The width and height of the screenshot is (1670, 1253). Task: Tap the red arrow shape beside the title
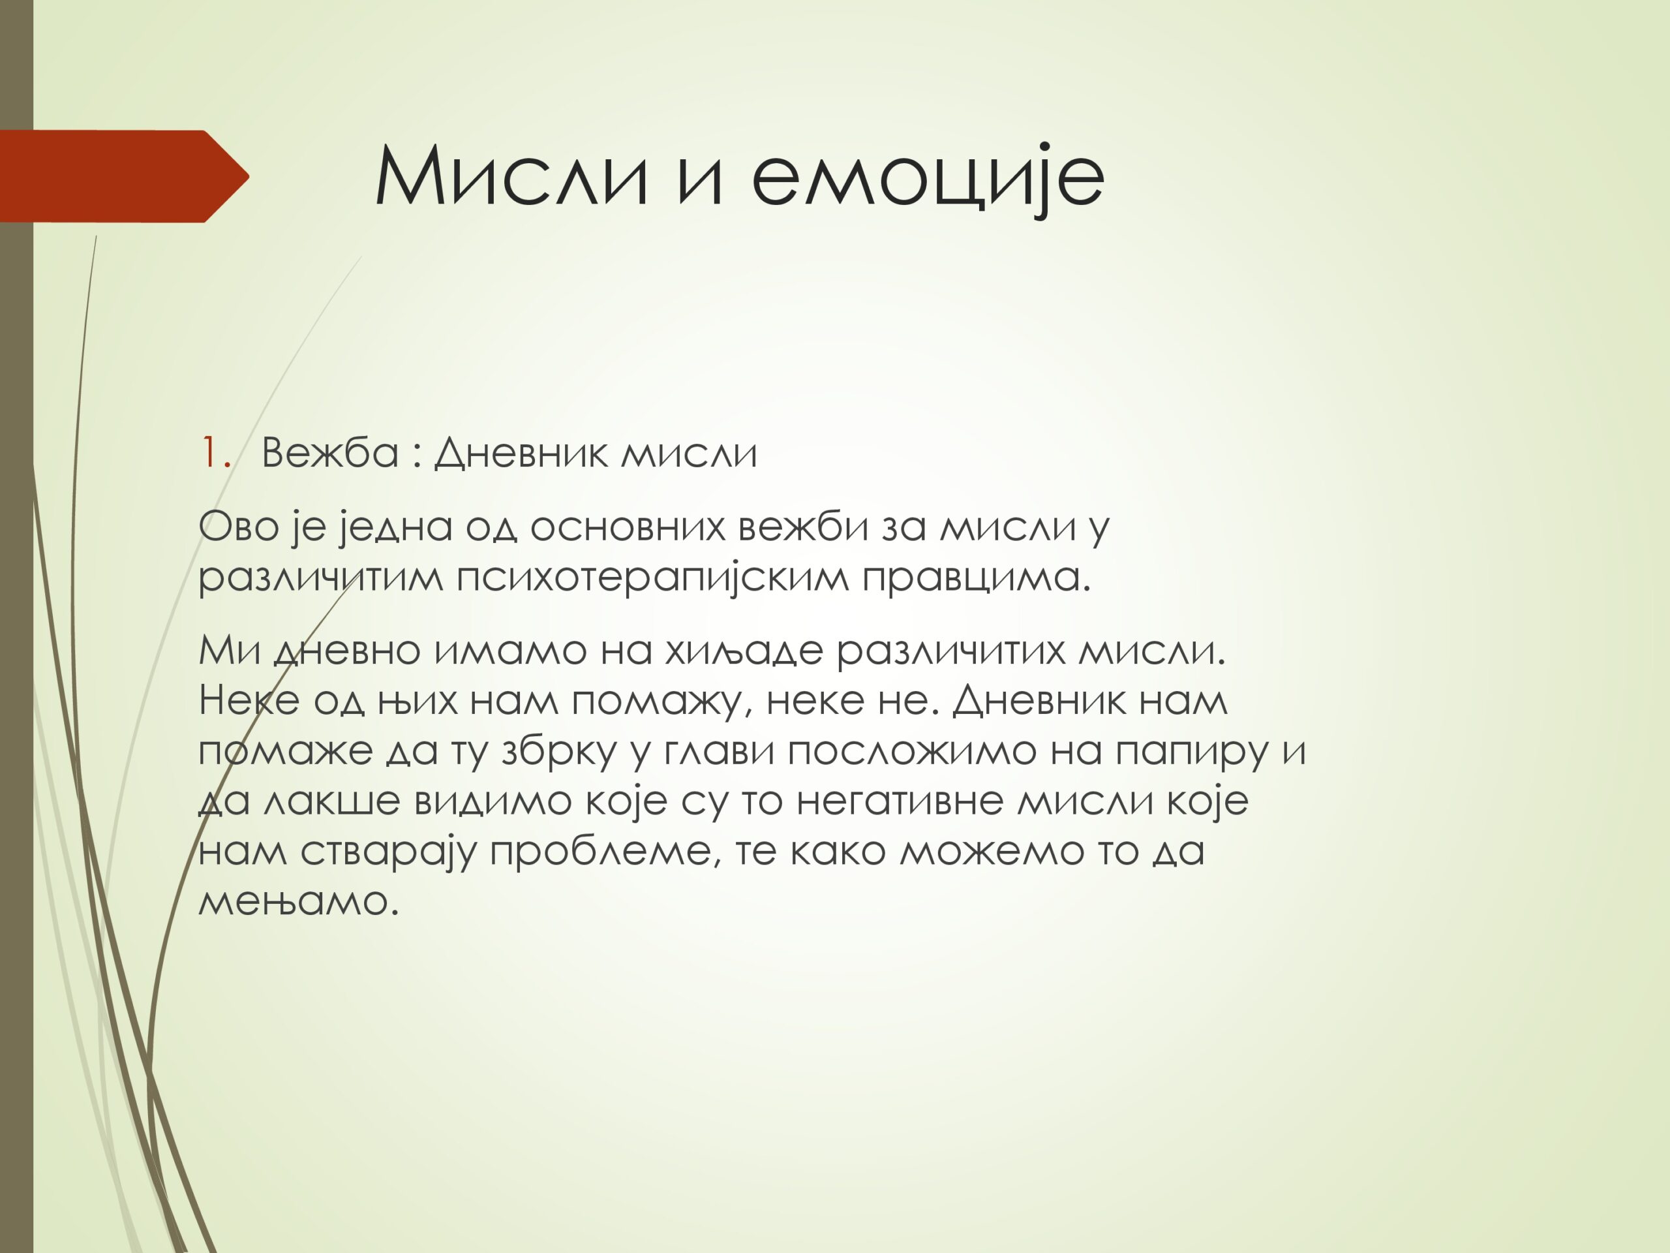click(x=125, y=176)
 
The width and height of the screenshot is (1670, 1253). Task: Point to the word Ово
click(x=239, y=527)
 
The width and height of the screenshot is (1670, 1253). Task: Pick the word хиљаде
click(x=744, y=650)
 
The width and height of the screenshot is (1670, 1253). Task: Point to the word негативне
click(x=899, y=801)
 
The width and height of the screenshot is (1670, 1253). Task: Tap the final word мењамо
click(x=298, y=902)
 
